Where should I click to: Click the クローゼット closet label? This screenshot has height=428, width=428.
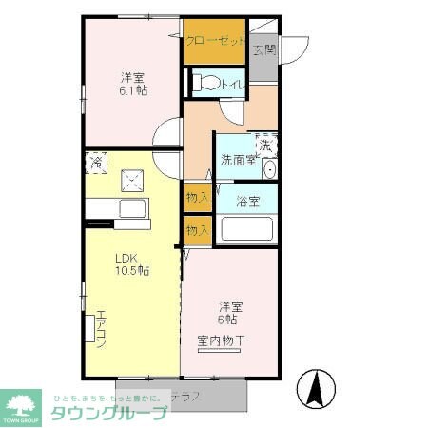[214, 41]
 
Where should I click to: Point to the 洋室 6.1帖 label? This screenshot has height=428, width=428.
[133, 84]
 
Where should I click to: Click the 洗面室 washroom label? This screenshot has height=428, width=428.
[238, 160]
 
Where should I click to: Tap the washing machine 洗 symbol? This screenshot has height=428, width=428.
[266, 146]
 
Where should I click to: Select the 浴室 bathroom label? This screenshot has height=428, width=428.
[246, 201]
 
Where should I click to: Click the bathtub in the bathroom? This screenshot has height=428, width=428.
[246, 229]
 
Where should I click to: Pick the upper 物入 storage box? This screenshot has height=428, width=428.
[198, 198]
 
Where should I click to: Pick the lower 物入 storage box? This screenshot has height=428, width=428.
[198, 229]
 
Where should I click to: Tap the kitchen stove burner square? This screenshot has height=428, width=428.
[132, 181]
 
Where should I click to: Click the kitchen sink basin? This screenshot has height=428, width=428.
[130, 208]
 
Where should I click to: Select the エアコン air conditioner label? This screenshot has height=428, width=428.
[99, 329]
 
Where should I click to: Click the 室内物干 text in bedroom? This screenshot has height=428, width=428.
[222, 340]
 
